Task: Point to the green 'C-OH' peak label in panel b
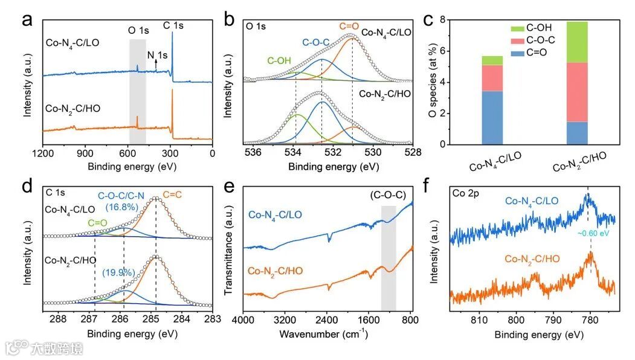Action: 279,60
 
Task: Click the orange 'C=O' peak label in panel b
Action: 349,26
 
